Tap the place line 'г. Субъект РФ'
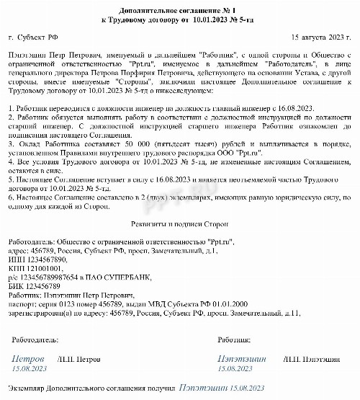[33, 35]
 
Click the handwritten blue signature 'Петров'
[30, 357]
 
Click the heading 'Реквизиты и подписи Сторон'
[179, 225]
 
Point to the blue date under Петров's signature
[27, 368]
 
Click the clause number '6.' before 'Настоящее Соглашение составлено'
[10, 195]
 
